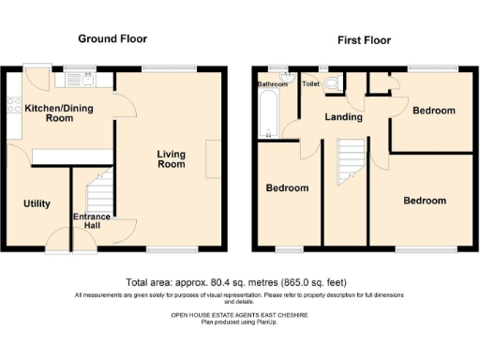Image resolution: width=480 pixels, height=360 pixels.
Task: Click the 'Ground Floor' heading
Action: pyautogui.click(x=112, y=39)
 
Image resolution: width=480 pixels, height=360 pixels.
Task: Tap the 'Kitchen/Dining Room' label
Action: pyautogui.click(x=49, y=112)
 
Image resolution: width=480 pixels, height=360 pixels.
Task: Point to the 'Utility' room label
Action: pyautogui.click(x=37, y=203)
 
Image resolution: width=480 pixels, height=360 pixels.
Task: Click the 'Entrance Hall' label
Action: pyautogui.click(x=93, y=223)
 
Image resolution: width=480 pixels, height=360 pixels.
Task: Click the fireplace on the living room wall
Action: pyautogui.click(x=215, y=155)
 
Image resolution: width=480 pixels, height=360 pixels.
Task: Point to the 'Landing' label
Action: pyautogui.click(x=343, y=117)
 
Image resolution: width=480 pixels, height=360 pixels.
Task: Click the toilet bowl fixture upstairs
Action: pyautogui.click(x=334, y=82)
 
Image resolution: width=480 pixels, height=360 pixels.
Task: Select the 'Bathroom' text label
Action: pyautogui.click(x=273, y=84)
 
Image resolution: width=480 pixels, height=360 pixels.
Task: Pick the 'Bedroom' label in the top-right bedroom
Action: pyautogui.click(x=433, y=111)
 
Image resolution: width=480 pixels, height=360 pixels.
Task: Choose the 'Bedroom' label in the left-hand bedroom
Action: pyautogui.click(x=287, y=188)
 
